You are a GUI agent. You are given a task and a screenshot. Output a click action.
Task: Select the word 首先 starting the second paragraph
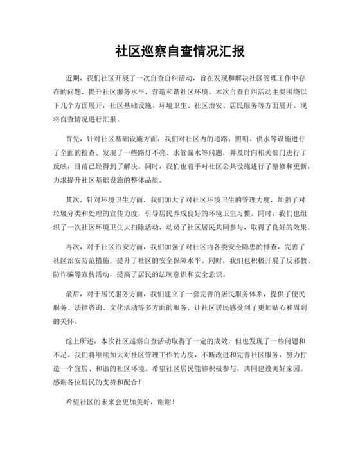pos(74,138)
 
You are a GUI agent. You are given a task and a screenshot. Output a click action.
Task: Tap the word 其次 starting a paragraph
pos(74,200)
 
